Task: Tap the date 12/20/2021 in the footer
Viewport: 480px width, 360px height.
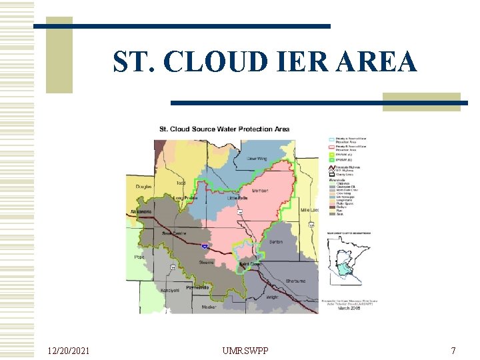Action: [x=70, y=350]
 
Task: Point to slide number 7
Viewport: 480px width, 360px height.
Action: [x=453, y=350]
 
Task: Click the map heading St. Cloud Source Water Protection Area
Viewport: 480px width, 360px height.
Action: [x=224, y=129]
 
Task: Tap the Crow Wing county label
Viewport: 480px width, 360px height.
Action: [x=257, y=159]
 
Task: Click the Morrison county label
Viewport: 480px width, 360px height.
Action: [x=260, y=191]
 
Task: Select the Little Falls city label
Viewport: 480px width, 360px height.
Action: [x=237, y=199]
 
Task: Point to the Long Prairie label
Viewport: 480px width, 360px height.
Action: [x=186, y=198]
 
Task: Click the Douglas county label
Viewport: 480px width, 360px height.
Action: [x=143, y=187]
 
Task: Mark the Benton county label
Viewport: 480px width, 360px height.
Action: [x=275, y=242]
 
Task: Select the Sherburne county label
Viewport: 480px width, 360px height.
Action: [x=295, y=281]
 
